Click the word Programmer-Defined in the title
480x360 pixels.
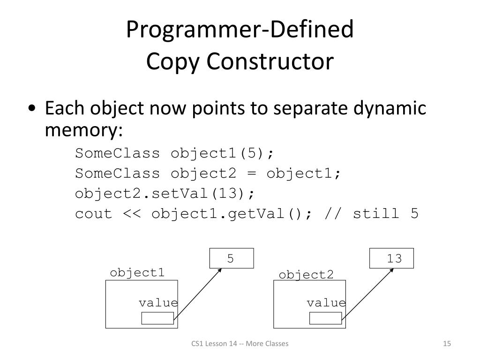click(x=240, y=30)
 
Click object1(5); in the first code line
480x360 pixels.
click(x=222, y=153)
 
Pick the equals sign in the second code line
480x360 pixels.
click(x=252, y=173)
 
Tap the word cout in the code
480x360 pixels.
click(x=94, y=214)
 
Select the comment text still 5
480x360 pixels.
click(x=385, y=214)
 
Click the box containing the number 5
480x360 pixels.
click(x=232, y=258)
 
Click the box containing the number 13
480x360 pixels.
click(x=392, y=258)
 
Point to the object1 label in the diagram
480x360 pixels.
click(x=137, y=273)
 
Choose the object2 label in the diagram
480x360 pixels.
click(x=306, y=275)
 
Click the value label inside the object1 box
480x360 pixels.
click(x=158, y=303)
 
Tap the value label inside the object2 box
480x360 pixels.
click(x=326, y=303)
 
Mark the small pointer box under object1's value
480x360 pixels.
click(x=157, y=318)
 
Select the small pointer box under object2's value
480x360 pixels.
click(x=325, y=318)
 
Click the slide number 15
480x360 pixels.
click(x=447, y=344)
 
